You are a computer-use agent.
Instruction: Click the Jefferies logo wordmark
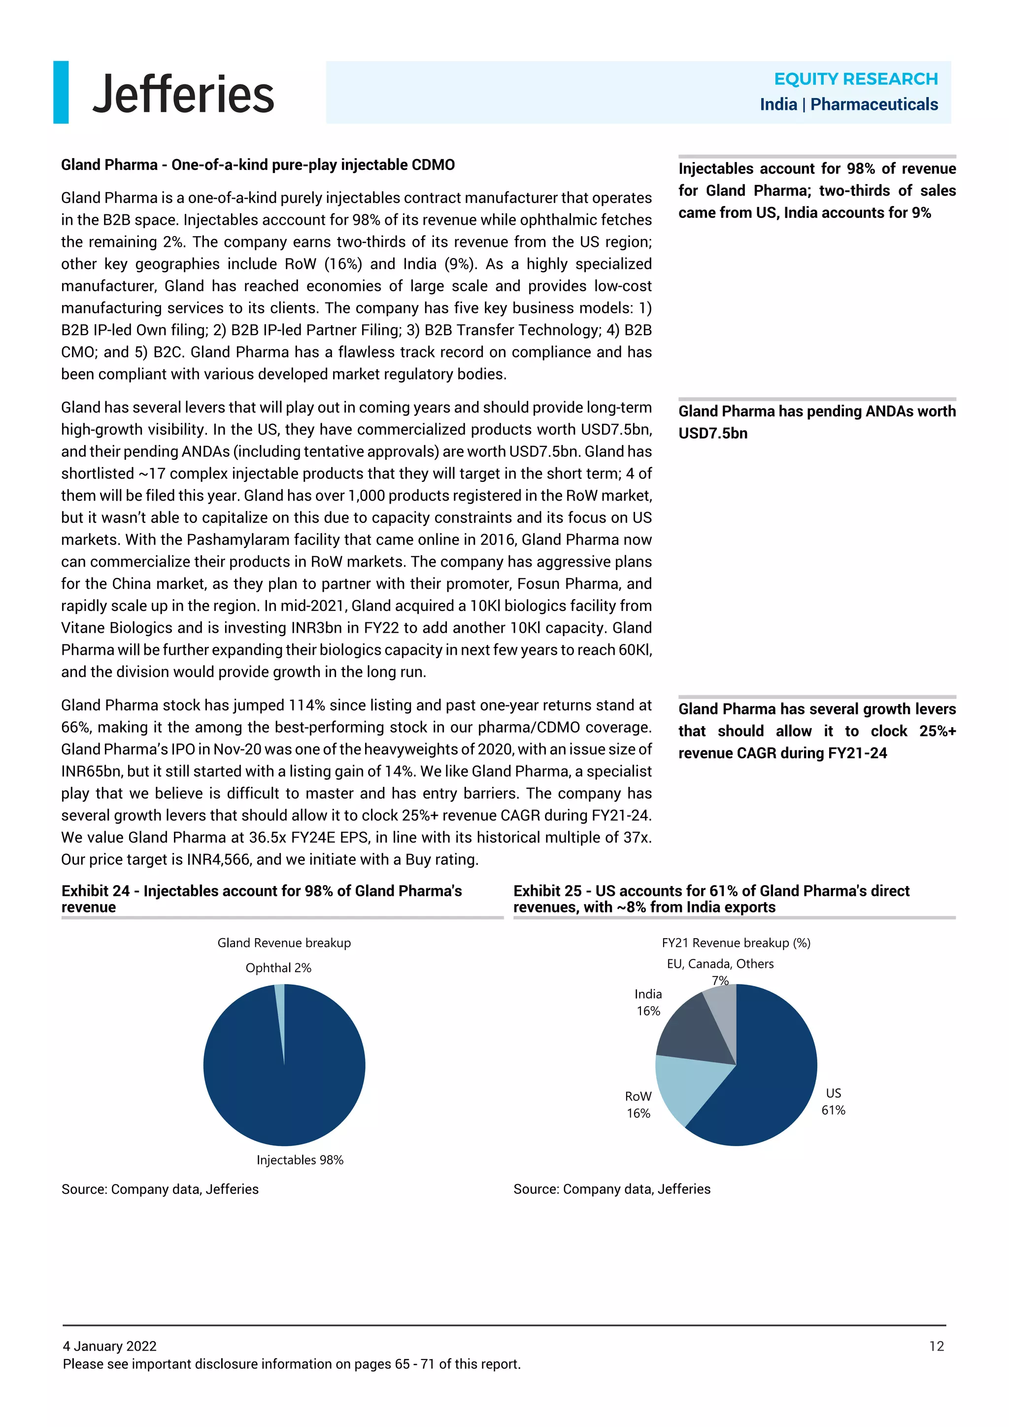[183, 93]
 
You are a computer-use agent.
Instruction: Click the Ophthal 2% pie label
[278, 968]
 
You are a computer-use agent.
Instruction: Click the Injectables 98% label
[300, 1160]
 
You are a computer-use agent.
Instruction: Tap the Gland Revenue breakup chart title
[284, 943]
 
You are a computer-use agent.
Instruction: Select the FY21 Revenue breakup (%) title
[736, 943]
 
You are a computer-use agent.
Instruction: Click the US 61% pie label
[833, 1101]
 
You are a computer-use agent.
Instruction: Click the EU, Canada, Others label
[720, 964]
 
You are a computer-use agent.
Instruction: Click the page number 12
[936, 1346]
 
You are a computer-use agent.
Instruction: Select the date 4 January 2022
[109, 1346]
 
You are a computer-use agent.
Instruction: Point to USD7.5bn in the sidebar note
[712, 433]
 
